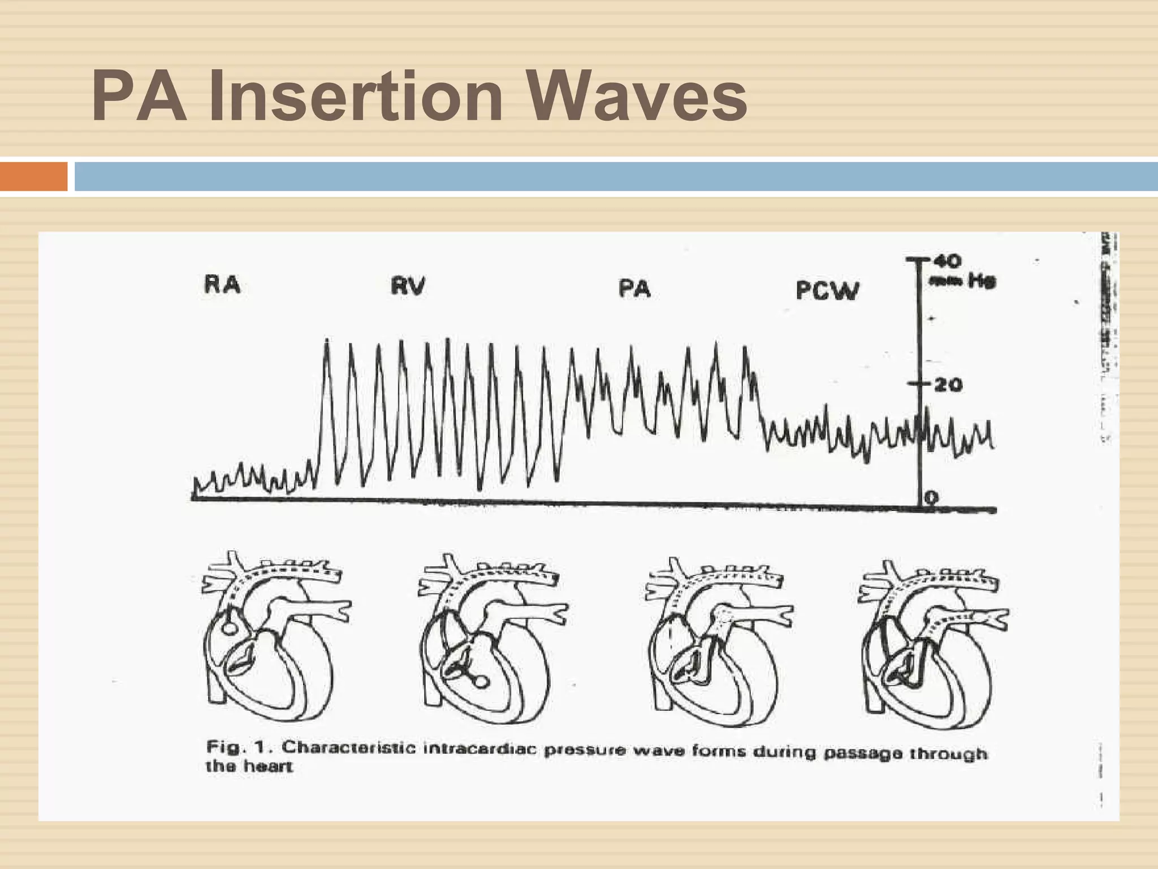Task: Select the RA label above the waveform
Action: (222, 285)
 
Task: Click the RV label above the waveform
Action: (408, 286)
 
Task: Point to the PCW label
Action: (827, 291)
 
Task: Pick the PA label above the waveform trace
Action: (634, 289)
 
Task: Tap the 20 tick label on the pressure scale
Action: (948, 385)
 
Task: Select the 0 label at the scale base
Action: (931, 497)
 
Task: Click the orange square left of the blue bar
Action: (33, 177)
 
